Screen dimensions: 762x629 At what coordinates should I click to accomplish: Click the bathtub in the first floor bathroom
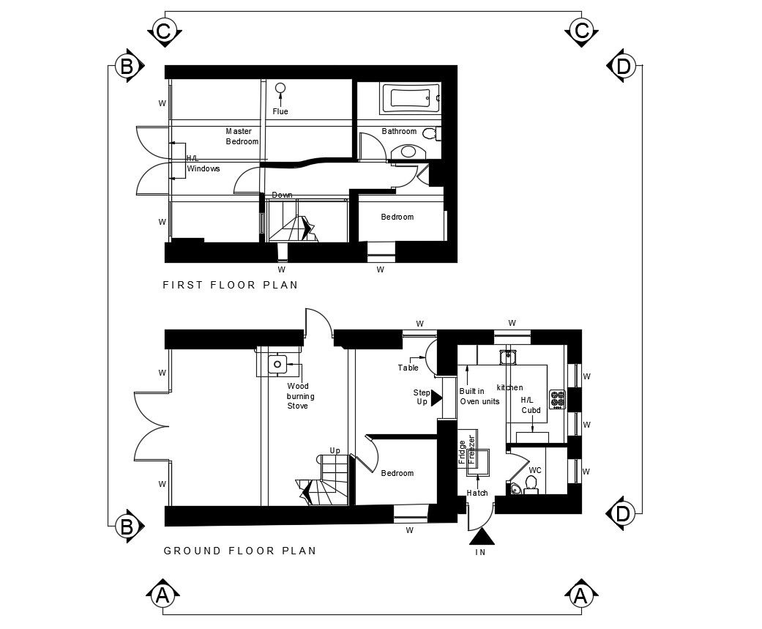(x=411, y=98)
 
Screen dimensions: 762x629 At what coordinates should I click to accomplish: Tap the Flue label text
(x=280, y=111)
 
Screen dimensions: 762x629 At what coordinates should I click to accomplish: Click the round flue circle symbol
(x=280, y=88)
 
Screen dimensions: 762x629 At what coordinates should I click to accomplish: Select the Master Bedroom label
(x=242, y=137)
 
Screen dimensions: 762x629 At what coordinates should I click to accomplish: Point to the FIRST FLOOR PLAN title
(x=231, y=285)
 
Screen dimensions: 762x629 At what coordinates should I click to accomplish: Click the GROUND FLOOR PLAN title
(x=240, y=551)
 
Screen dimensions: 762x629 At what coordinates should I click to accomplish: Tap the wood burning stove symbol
(x=277, y=364)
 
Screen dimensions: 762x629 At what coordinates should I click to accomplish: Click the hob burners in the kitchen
(x=557, y=400)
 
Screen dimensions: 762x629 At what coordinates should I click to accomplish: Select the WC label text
(x=535, y=470)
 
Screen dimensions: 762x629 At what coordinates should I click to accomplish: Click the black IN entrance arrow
(x=482, y=537)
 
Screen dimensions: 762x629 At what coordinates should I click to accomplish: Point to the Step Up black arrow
(x=436, y=398)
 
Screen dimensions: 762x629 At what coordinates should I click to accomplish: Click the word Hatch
(x=477, y=493)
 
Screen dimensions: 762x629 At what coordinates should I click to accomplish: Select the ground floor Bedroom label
(x=397, y=473)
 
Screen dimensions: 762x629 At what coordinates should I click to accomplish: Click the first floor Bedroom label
(x=397, y=217)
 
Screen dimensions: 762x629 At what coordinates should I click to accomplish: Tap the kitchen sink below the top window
(x=508, y=357)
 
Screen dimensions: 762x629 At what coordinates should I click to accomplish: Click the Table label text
(x=408, y=368)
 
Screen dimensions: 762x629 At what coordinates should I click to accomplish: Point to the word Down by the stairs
(x=283, y=195)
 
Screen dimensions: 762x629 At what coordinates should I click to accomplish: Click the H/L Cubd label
(x=530, y=405)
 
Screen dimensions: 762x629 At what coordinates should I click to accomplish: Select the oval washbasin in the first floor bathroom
(x=408, y=152)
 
